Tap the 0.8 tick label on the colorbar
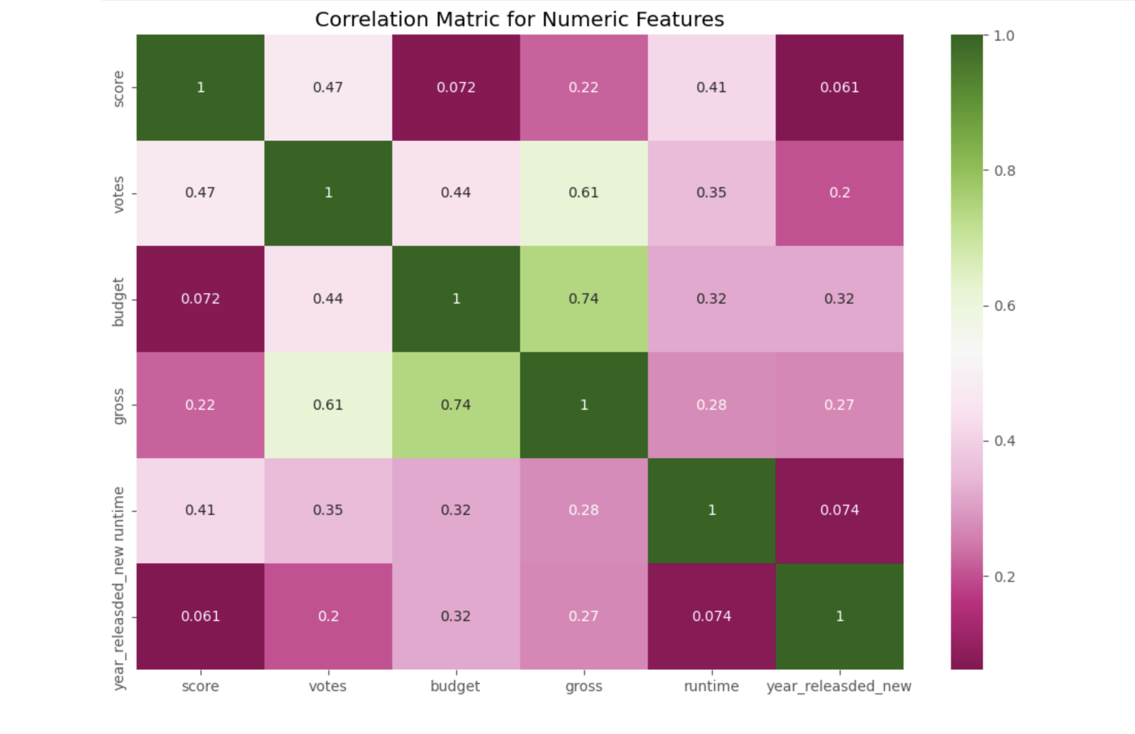click(x=1004, y=171)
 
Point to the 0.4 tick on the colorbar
click(x=1004, y=441)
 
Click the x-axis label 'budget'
click(x=455, y=687)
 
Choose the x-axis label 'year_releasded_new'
click(x=839, y=687)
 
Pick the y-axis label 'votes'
click(x=119, y=194)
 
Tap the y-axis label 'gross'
click(x=119, y=406)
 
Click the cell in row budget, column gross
click(x=583, y=299)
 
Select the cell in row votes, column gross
click(x=583, y=193)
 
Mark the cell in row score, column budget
click(x=456, y=87)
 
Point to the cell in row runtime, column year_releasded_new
click(x=839, y=510)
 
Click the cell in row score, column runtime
click(x=711, y=87)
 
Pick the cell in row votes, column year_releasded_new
click(x=839, y=193)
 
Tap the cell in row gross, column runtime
click(x=711, y=405)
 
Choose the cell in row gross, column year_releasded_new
click(x=839, y=405)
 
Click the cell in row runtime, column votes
click(x=328, y=510)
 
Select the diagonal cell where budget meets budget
click(x=456, y=299)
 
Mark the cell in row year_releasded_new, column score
click(x=200, y=616)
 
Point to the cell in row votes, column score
click(x=200, y=193)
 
